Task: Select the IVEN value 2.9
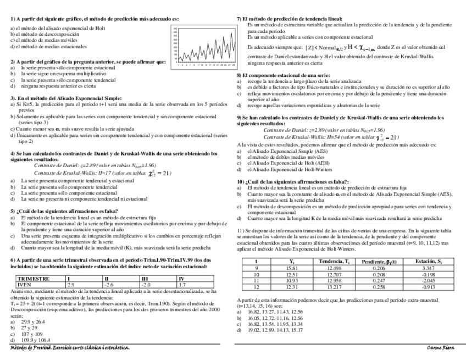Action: click(x=71, y=285)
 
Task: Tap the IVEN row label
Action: click(x=24, y=285)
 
